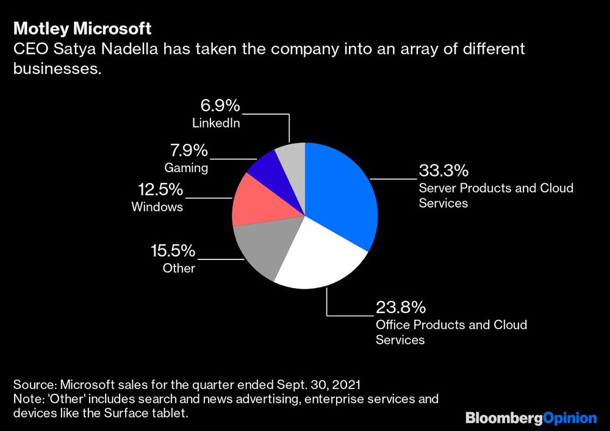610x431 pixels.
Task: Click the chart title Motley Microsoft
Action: [82, 29]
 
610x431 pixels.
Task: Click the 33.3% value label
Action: [443, 170]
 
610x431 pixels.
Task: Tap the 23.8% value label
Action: [400, 307]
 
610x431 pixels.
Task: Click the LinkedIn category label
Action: [216, 123]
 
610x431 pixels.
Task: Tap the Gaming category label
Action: [186, 167]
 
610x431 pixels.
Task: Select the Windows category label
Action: [157, 207]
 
